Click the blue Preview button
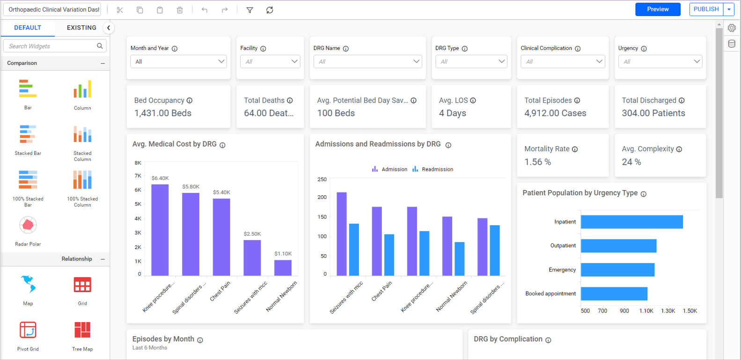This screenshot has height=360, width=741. tap(657, 9)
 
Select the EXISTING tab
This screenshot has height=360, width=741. tap(81, 28)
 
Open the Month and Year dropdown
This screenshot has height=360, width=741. tap(178, 61)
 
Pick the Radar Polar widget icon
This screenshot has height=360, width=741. tap(28, 226)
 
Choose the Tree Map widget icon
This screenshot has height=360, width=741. tap(82, 330)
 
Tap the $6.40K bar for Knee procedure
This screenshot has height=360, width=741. tap(160, 229)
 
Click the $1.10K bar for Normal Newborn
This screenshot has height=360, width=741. tap(283, 268)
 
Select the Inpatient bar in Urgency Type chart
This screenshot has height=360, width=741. tap(631, 222)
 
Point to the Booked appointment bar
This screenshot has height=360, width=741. tap(614, 294)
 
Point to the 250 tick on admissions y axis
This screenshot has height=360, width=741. tap(322, 179)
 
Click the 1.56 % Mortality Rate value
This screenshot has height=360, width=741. tap(537, 162)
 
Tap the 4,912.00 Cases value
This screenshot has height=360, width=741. tap(555, 113)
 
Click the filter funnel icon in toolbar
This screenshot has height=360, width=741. tap(250, 10)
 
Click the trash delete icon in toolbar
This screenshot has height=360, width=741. tap(180, 10)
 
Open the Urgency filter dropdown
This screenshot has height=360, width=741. tap(660, 61)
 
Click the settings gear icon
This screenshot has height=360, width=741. tap(732, 28)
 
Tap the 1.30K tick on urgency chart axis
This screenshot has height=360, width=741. tap(668, 311)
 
